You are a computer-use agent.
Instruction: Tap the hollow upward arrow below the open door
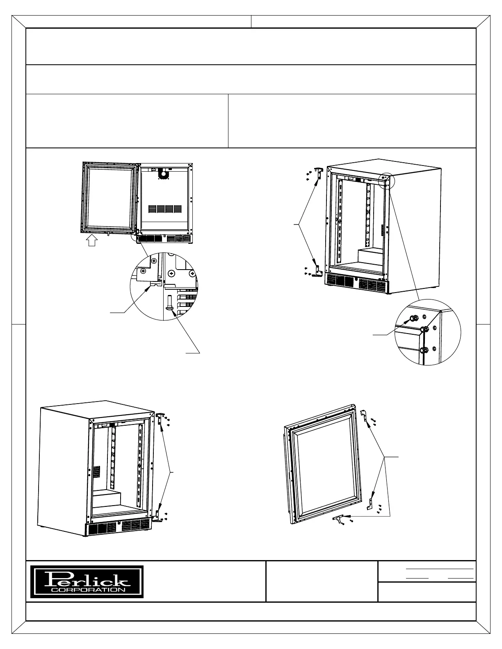click(92, 241)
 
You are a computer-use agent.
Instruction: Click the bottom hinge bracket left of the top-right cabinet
click(317, 271)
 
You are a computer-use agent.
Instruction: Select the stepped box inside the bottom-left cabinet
click(107, 499)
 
